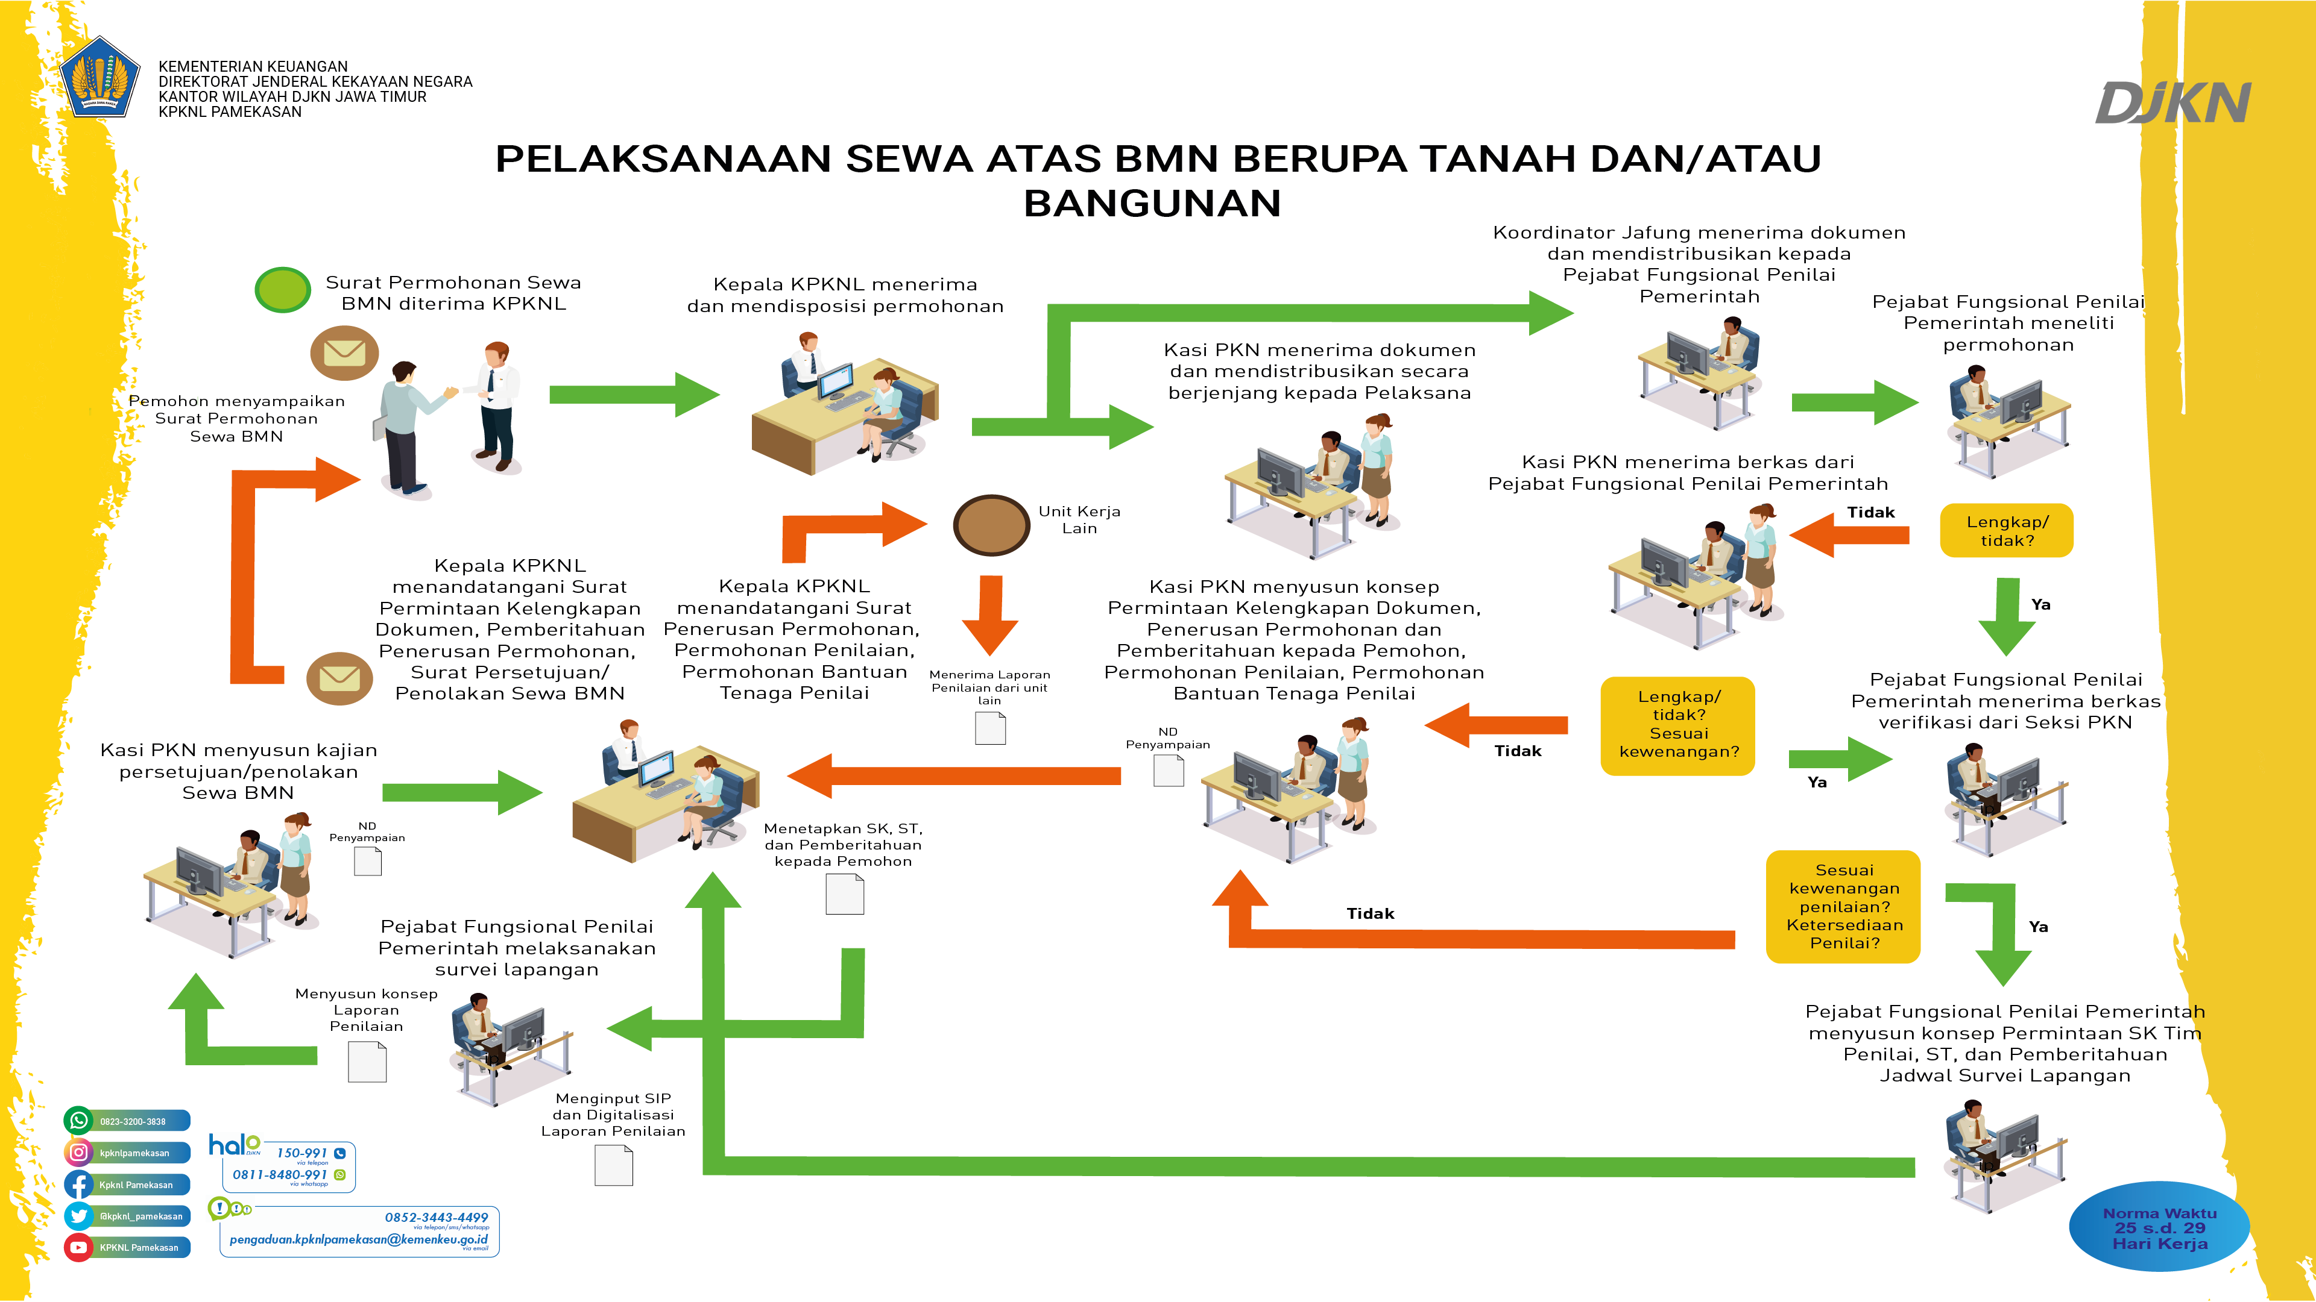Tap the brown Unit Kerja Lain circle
[991, 525]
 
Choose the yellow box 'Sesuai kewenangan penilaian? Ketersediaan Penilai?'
[1843, 907]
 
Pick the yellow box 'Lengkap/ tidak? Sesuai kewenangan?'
[1677, 724]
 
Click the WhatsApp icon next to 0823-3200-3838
[79, 1121]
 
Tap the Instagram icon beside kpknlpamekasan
[79, 1152]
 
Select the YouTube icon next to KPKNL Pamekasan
[79, 1247]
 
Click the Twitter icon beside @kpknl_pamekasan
[79, 1216]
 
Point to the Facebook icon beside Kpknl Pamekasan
[79, 1185]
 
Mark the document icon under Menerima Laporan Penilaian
[990, 728]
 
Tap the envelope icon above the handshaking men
[344, 352]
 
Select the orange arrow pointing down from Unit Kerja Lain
[990, 616]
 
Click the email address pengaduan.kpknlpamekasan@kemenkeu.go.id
[358, 1240]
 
